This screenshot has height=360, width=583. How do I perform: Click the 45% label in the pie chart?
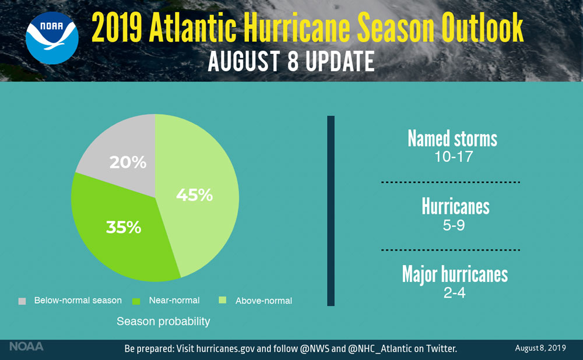coord(194,195)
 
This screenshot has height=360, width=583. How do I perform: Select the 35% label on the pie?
coord(123,227)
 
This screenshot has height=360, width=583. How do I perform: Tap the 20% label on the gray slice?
coord(128,163)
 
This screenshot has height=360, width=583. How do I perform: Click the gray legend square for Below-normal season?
coord(22,301)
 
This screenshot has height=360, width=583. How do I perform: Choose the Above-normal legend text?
coord(264,301)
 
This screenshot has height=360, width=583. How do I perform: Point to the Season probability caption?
coord(163,322)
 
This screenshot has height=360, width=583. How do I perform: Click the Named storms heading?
coord(452,139)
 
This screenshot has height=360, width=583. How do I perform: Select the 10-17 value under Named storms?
coord(452,157)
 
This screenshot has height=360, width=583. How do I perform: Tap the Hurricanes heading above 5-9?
coord(455,207)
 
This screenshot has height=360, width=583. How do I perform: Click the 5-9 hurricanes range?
coord(454,225)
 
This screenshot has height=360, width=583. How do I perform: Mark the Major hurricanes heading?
coord(455,274)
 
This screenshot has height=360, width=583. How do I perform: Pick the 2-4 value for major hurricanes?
coord(454,292)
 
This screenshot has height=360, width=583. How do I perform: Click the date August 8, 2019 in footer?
coord(540,348)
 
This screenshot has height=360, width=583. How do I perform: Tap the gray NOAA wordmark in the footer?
coord(26,347)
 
